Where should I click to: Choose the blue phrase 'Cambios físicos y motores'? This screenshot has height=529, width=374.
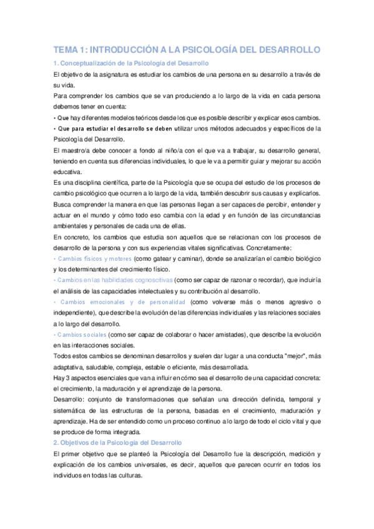(x=94, y=258)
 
